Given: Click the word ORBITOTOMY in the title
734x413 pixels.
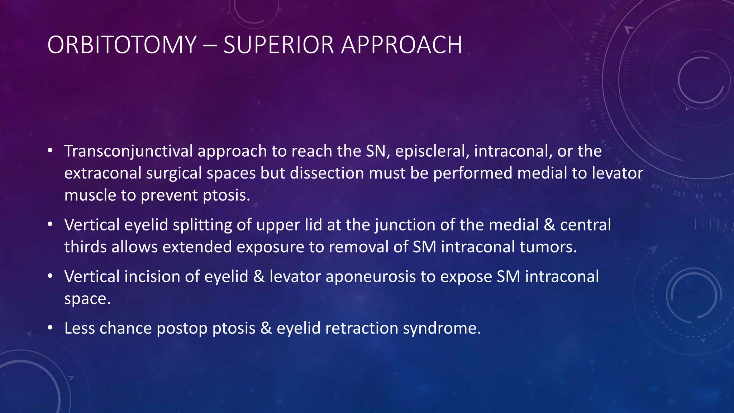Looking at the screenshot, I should [x=122, y=45].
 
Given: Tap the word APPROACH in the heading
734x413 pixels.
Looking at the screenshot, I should [x=401, y=45].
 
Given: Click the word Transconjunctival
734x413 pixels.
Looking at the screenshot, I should [x=129, y=151].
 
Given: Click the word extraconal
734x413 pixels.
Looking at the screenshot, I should [x=103, y=174].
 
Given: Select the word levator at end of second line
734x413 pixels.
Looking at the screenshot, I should [x=617, y=174].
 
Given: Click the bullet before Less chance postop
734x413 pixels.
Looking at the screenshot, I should [x=50, y=328].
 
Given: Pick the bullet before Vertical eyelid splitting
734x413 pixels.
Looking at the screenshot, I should [x=50, y=224].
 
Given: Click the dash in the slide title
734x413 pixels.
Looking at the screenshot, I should [x=210, y=46].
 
